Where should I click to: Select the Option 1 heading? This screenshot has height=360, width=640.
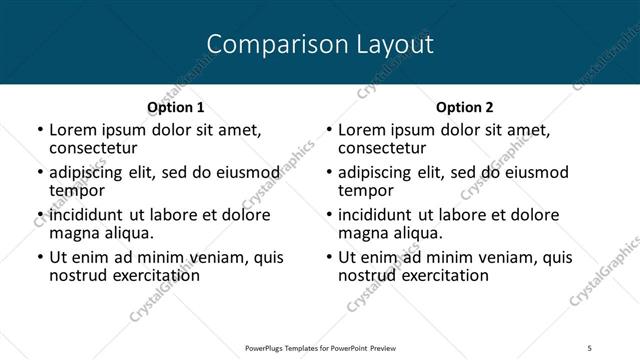[x=176, y=107]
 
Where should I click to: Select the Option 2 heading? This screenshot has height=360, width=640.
[x=465, y=107]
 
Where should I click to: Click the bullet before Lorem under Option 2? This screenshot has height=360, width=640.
[x=329, y=130]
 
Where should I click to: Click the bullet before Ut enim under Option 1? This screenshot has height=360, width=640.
[x=40, y=258]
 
